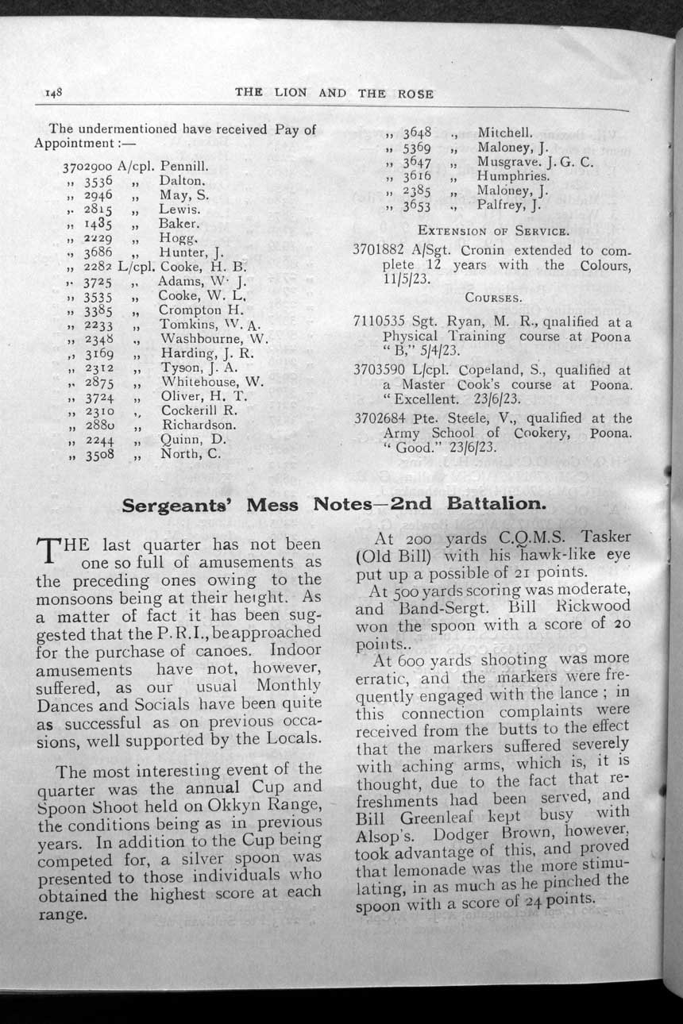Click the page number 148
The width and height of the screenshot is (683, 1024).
pos(53,93)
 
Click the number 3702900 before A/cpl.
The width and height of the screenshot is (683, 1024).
pos(87,168)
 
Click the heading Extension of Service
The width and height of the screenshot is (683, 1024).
pos(492,232)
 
